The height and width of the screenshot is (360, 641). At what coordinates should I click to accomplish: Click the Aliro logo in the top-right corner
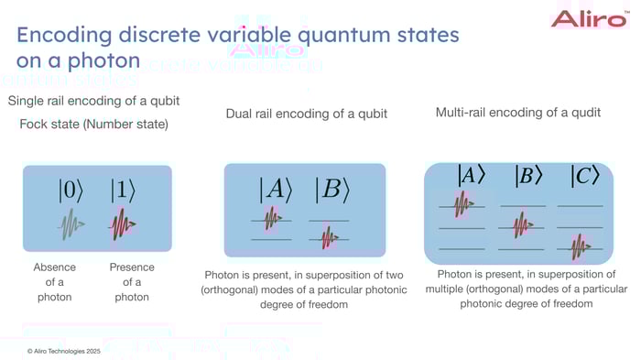[x=589, y=18]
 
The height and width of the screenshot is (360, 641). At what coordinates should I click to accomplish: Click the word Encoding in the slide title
[x=71, y=36]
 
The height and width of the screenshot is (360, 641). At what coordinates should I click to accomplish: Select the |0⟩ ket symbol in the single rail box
[x=71, y=191]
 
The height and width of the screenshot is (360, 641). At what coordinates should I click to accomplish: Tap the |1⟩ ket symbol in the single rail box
[x=123, y=191]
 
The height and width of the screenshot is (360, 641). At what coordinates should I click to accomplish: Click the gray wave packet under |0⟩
[x=71, y=224]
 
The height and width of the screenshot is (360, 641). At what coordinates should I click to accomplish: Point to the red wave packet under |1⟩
[x=123, y=224]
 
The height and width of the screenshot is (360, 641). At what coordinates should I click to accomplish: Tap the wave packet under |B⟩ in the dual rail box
[x=328, y=238]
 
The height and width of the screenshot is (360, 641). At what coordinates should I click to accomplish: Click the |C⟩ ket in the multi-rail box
[x=584, y=175]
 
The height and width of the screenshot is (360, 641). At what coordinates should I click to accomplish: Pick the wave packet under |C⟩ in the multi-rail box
[x=580, y=246]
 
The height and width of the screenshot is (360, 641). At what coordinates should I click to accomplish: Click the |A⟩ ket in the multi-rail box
[x=471, y=175]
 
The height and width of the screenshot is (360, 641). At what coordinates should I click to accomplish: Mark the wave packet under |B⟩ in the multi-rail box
[x=521, y=224]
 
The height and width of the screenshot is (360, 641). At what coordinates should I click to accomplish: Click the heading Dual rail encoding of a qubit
[x=306, y=114]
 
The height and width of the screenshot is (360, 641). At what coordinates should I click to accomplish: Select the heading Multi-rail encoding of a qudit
[x=517, y=113]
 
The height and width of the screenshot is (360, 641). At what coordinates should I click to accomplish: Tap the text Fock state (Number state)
[x=93, y=124]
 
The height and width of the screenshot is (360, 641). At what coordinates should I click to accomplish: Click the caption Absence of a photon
[x=54, y=282]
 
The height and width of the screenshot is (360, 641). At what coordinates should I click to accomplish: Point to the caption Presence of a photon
[x=132, y=282]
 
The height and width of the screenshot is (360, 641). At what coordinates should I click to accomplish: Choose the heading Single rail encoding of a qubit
[x=92, y=100]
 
